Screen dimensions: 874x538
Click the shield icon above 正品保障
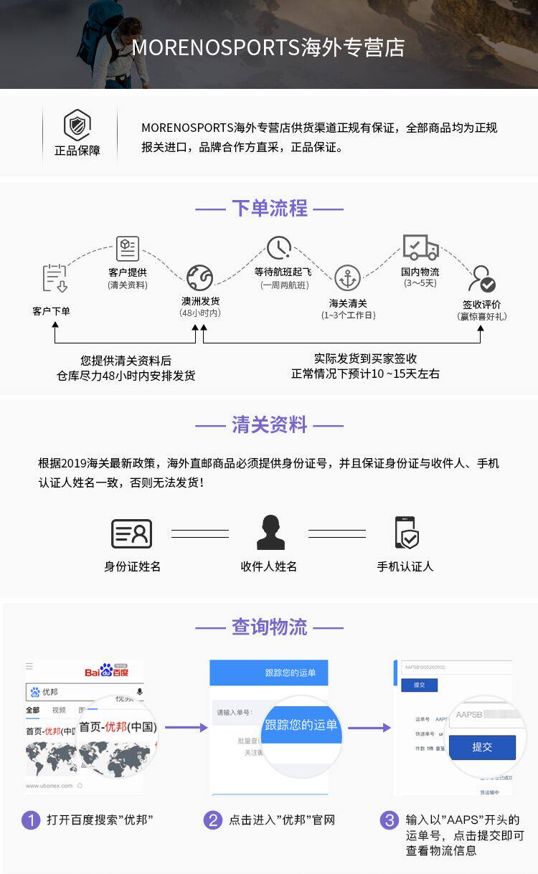(x=77, y=125)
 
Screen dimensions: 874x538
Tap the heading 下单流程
(x=269, y=209)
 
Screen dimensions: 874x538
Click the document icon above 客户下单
(x=55, y=277)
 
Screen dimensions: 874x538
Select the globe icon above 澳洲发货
(x=199, y=277)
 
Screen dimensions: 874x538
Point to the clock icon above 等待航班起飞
(x=279, y=248)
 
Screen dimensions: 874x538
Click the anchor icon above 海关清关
(x=348, y=277)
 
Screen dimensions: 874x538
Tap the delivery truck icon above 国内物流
(x=420, y=248)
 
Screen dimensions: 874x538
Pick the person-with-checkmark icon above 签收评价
(x=481, y=279)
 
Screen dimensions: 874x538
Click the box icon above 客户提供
(x=128, y=249)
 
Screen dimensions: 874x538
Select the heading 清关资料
(x=269, y=425)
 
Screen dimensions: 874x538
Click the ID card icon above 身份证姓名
(x=132, y=533)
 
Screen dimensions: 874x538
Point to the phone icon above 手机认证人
(x=406, y=533)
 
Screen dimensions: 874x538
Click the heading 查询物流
(x=269, y=627)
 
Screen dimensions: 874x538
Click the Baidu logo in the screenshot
(x=106, y=670)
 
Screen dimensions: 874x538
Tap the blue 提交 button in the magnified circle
(x=482, y=747)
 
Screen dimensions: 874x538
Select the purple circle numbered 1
(x=31, y=820)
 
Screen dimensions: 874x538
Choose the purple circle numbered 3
(x=389, y=820)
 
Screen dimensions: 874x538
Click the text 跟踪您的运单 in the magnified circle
(x=301, y=725)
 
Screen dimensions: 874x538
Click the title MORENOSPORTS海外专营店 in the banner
(x=268, y=47)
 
